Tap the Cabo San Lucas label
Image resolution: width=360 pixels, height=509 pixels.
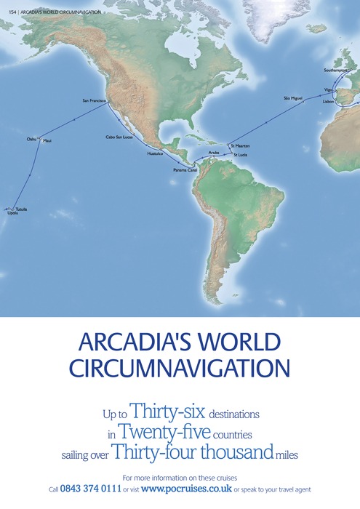point(119,137)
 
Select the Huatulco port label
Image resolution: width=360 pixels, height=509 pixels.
point(155,153)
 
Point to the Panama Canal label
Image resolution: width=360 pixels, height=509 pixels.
point(185,169)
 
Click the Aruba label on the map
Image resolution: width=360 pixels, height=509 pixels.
point(213,153)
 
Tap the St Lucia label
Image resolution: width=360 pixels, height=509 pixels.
point(240,155)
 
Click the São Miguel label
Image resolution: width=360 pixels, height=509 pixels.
point(292,97)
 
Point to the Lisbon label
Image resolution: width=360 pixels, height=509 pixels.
point(329,103)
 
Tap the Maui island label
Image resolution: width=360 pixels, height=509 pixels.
point(48,140)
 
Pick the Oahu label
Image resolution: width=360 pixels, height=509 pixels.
point(31,137)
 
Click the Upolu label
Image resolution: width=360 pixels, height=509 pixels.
point(11,215)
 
